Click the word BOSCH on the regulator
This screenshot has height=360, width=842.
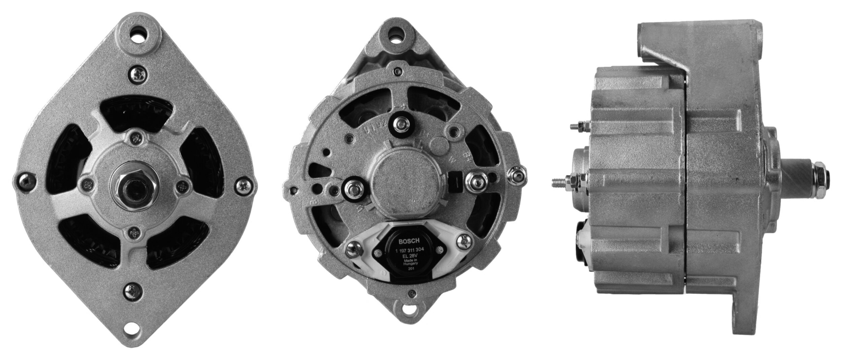click(x=409, y=241)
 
